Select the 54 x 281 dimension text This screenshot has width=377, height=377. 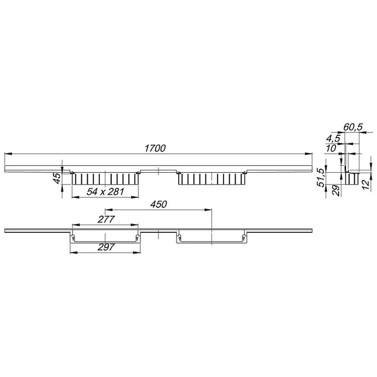coord(105,192)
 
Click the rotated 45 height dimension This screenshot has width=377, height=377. coord(57,178)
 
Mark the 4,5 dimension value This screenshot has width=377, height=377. coord(333,138)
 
